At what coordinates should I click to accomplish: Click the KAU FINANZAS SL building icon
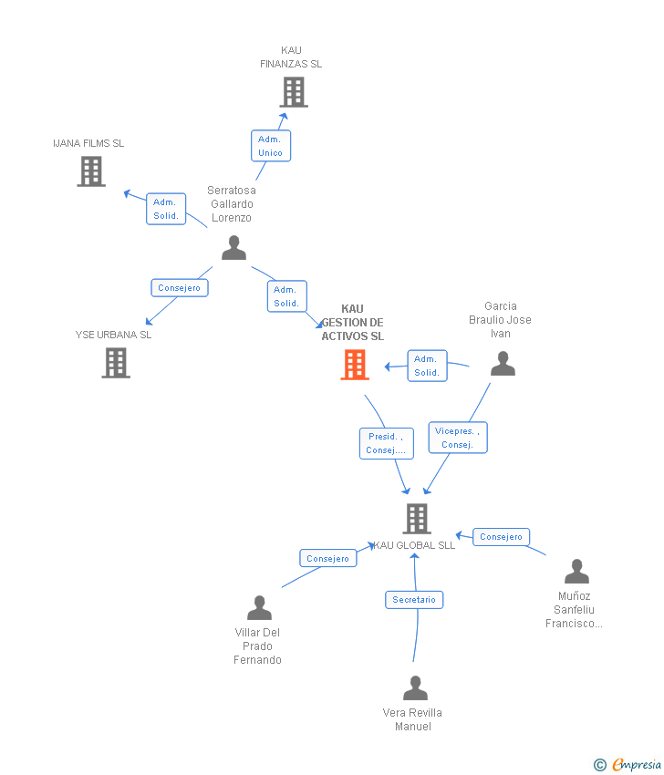[x=293, y=92]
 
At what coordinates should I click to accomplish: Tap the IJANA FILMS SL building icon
[x=91, y=171]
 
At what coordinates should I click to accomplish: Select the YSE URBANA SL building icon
[x=115, y=363]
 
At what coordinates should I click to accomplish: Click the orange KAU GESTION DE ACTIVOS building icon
[x=354, y=365]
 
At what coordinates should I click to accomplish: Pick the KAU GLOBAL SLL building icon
[x=417, y=519]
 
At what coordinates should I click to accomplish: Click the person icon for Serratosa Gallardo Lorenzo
[x=233, y=248]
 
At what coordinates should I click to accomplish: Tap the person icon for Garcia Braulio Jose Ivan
[x=503, y=365]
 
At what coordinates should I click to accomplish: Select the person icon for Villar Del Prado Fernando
[x=259, y=608]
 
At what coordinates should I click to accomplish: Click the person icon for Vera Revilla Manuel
[x=415, y=688]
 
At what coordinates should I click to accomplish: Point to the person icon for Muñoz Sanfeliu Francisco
[x=576, y=573]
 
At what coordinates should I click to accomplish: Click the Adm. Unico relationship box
[x=271, y=146]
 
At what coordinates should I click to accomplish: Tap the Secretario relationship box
[x=414, y=600]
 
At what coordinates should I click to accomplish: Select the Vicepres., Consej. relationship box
[x=458, y=438]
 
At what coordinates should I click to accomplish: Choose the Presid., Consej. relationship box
[x=386, y=443]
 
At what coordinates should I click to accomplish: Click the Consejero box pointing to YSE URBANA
[x=180, y=288]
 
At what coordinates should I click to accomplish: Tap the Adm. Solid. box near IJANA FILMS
[x=166, y=209]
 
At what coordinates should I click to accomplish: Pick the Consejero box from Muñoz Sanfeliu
[x=501, y=537]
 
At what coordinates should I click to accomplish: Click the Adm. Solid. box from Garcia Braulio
[x=427, y=366]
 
